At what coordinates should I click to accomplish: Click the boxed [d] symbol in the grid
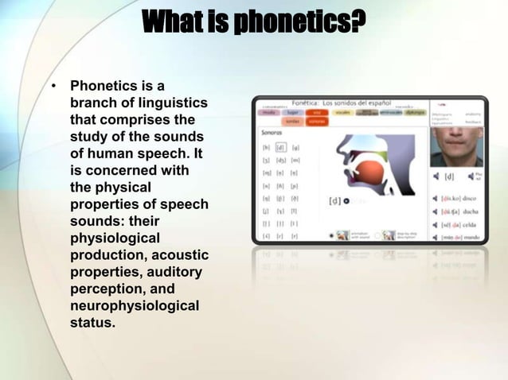(x=280, y=148)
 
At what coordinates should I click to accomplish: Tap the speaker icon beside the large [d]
(x=436, y=176)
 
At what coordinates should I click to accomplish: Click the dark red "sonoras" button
(x=317, y=122)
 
